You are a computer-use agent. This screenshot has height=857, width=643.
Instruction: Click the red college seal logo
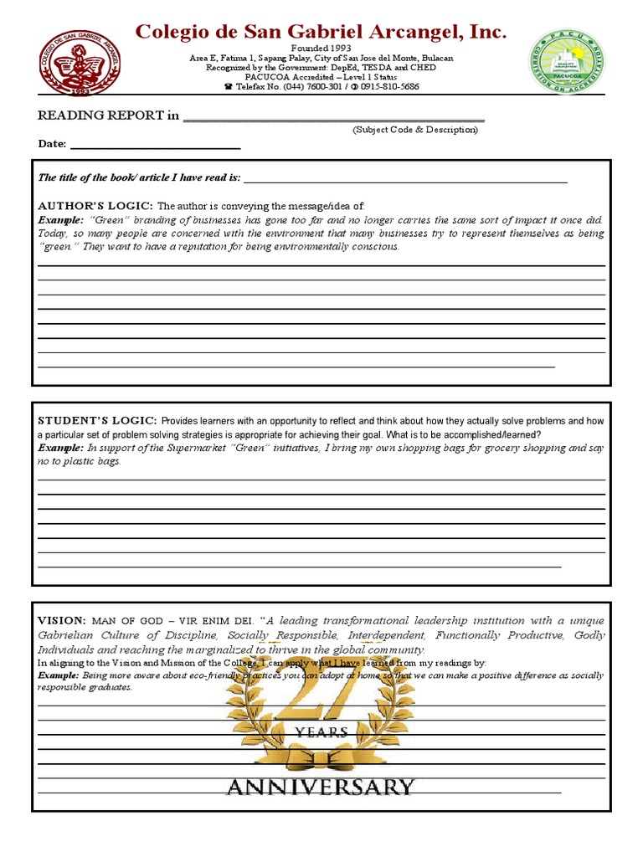(80, 62)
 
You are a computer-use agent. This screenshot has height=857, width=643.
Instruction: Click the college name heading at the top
(321, 33)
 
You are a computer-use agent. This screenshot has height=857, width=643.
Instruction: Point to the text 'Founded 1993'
(321, 49)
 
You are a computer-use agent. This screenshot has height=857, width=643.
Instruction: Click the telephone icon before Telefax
(229, 87)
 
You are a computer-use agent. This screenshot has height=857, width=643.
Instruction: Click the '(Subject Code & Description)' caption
(415, 131)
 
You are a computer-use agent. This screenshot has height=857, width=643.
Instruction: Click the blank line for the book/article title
(405, 179)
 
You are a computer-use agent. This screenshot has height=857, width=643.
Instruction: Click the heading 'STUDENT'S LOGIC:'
(97, 420)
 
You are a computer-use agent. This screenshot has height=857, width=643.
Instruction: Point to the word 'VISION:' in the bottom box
(62, 621)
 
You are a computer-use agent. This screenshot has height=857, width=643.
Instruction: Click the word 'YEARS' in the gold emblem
(321, 732)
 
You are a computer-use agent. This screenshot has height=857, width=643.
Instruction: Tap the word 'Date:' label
(52, 144)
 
